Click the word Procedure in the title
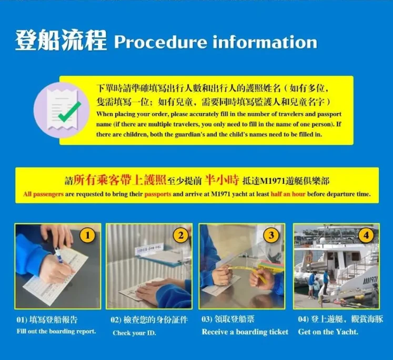(160, 43)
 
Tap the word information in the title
(265, 42)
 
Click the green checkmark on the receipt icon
(69, 111)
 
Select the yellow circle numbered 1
(87, 235)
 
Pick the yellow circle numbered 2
(180, 235)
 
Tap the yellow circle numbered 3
(271, 235)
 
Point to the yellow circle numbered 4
(366, 235)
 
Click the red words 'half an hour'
(288, 194)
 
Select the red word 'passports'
(158, 194)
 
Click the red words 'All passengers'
(43, 194)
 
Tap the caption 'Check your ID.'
(134, 333)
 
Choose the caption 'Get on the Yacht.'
(328, 332)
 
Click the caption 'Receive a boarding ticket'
(245, 332)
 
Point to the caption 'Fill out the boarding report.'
(56, 331)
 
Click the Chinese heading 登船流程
(61, 40)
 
